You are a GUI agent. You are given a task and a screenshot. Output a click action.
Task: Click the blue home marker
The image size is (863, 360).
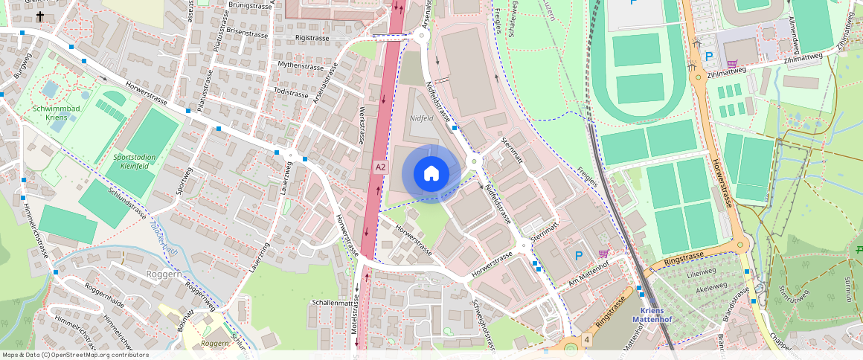[431, 173]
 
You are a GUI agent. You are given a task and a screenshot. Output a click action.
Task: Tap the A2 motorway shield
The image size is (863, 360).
[380, 167]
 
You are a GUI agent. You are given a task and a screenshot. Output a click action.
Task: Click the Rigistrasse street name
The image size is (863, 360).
[312, 36]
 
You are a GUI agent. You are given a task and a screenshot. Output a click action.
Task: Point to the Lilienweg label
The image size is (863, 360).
[701, 272]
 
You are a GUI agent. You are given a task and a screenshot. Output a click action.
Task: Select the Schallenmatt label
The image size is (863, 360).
[332, 303]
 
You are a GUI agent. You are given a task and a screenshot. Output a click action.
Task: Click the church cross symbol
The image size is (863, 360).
[40, 16]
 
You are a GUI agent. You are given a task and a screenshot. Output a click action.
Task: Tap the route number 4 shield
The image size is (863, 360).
[587, 340]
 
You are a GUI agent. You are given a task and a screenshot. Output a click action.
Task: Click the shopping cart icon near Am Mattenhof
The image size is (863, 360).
[603, 254]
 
